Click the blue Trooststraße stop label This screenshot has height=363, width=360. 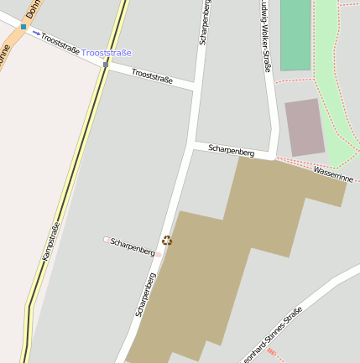click(107, 53)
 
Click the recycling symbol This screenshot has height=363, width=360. click(167, 241)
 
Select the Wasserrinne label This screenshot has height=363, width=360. click(333, 173)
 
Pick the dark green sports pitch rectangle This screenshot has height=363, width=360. click(295, 34)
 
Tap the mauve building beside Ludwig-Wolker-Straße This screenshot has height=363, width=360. click(304, 127)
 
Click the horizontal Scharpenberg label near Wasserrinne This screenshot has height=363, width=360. click(231, 151)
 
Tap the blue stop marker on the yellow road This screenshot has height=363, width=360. click(106, 63)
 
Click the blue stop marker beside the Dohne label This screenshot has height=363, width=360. click(23, 27)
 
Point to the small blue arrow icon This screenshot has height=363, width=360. click(36, 34)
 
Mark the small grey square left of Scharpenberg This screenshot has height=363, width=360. click(107, 240)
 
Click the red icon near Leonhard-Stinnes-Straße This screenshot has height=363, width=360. click(271, 354)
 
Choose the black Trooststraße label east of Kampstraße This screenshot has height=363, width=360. click(152, 77)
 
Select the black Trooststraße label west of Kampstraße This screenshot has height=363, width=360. click(60, 44)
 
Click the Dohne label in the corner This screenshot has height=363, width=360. click(32, 8)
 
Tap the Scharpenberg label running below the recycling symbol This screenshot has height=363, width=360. click(145, 293)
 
